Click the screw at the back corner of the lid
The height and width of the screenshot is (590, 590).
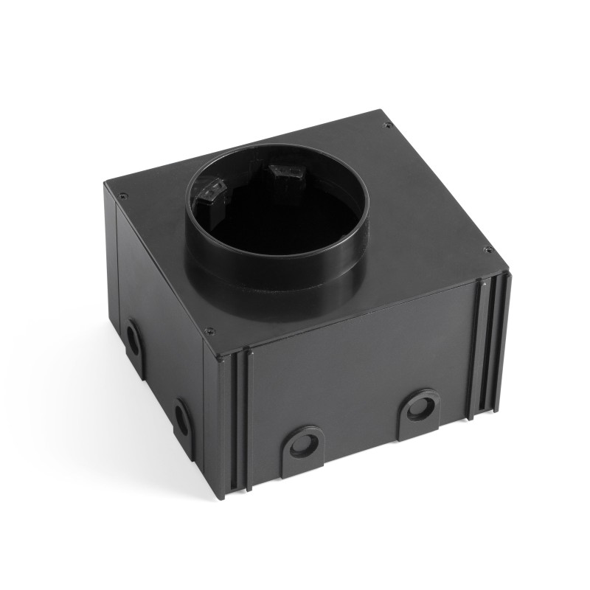(386, 125)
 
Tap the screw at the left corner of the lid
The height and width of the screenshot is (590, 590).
(122, 195)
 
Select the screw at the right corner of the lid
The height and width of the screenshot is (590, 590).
(486, 250)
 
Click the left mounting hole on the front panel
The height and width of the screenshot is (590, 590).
(302, 445)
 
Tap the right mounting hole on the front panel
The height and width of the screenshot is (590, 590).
(420, 406)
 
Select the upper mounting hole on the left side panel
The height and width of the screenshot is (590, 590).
(133, 340)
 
